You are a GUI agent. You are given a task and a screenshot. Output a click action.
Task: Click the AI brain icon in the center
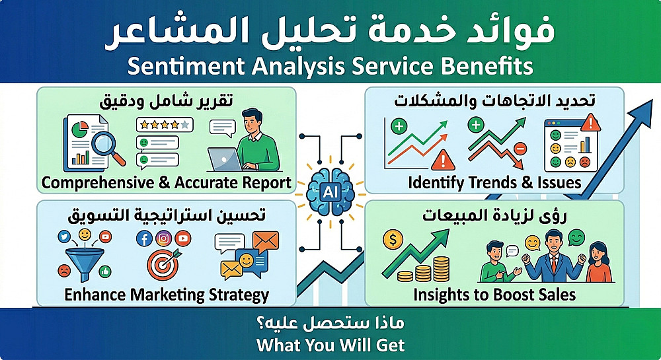point(330,192)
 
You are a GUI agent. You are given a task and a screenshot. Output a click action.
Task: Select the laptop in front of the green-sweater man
point(225,160)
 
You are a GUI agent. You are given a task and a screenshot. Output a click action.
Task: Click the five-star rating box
point(165,125)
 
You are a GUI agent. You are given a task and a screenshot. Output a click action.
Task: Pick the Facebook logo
point(144,238)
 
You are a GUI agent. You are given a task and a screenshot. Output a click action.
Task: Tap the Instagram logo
point(163,238)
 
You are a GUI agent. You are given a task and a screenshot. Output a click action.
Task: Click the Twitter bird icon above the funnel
point(65,236)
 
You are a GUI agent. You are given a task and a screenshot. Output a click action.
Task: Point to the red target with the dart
point(163,265)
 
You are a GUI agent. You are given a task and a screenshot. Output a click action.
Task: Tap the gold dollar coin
point(393,240)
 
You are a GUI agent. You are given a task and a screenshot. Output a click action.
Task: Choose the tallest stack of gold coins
point(442,269)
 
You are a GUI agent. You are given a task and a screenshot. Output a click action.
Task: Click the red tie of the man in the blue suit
point(553,264)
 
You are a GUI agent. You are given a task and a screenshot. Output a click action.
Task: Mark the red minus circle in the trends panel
point(520,149)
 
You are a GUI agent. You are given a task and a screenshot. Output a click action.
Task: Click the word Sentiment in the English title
point(186,66)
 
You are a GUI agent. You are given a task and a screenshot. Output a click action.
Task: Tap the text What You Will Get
point(330,345)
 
